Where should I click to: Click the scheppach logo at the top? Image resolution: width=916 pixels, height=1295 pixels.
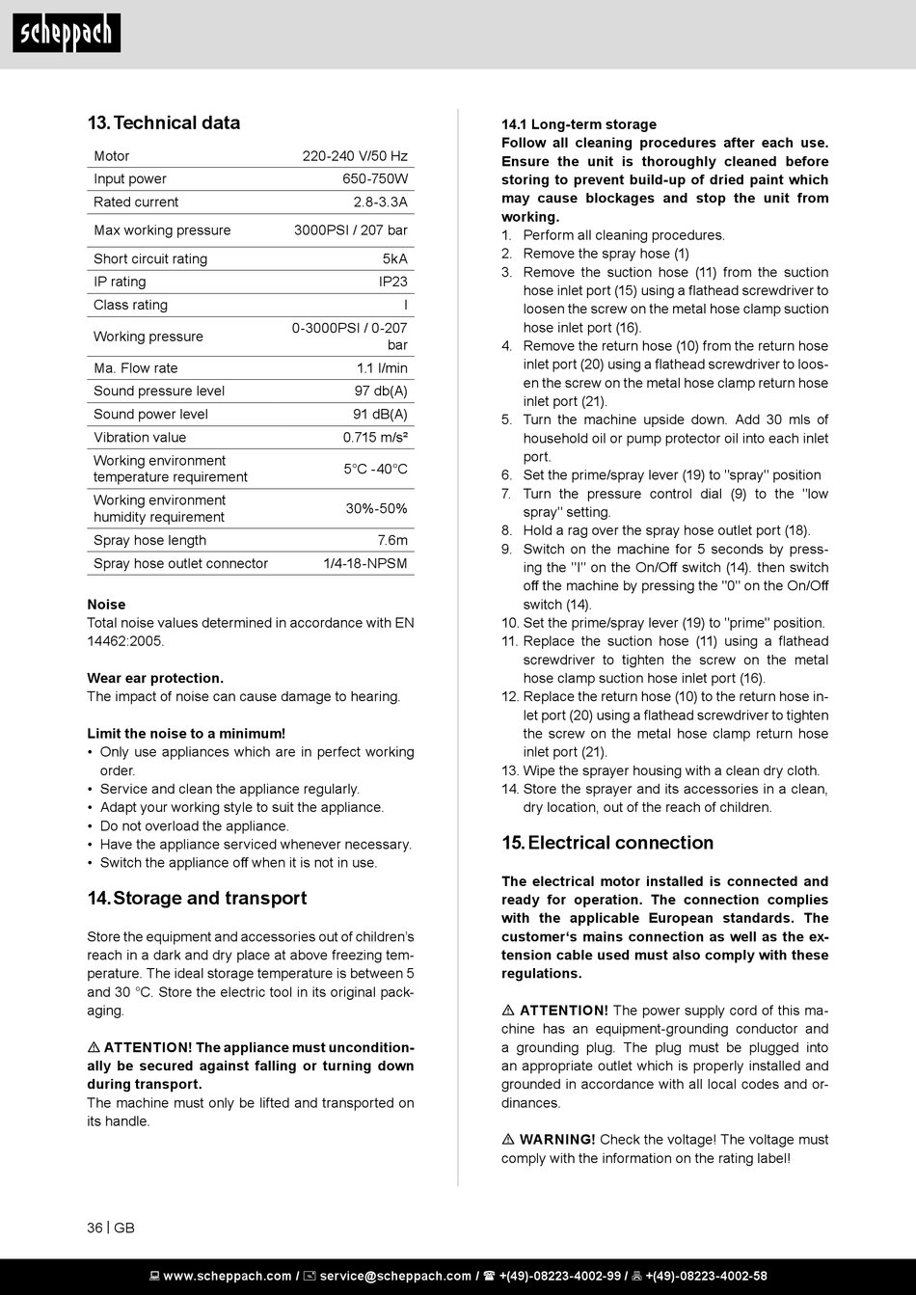[x=67, y=34]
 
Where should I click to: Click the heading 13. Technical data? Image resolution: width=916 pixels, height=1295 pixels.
[x=163, y=122]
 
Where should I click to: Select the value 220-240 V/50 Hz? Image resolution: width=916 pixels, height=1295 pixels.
[x=355, y=156]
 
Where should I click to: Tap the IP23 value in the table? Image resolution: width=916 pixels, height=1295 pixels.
[x=392, y=282]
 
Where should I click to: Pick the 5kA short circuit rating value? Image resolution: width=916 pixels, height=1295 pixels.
[x=394, y=258]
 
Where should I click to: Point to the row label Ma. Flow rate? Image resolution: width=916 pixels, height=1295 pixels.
[x=135, y=368]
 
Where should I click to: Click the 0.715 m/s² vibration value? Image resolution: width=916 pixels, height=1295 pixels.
[x=375, y=438]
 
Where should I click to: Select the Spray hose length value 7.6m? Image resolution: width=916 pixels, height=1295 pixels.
[x=391, y=541]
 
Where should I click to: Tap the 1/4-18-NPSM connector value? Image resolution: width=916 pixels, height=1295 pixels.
[x=364, y=564]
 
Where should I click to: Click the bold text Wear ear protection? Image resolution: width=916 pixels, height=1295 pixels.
[x=155, y=678]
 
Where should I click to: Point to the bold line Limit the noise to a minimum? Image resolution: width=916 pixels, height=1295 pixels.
[x=186, y=734]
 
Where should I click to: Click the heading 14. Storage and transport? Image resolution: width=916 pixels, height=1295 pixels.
[x=197, y=898]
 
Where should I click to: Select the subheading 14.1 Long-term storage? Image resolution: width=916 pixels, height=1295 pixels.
[x=579, y=124]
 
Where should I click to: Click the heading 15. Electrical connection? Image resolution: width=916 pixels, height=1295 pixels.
[x=607, y=843]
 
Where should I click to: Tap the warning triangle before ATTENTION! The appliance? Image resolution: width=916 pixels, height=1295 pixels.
[x=94, y=1048]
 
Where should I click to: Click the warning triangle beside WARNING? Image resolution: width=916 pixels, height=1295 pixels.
[x=508, y=1140]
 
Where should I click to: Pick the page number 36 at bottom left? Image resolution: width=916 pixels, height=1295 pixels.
[x=94, y=1228]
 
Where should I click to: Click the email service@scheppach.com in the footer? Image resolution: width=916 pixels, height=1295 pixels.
[x=395, y=1276]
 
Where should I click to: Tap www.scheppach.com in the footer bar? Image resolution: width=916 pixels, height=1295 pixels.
[x=228, y=1276]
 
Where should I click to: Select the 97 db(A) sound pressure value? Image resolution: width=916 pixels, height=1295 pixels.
[x=381, y=391]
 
